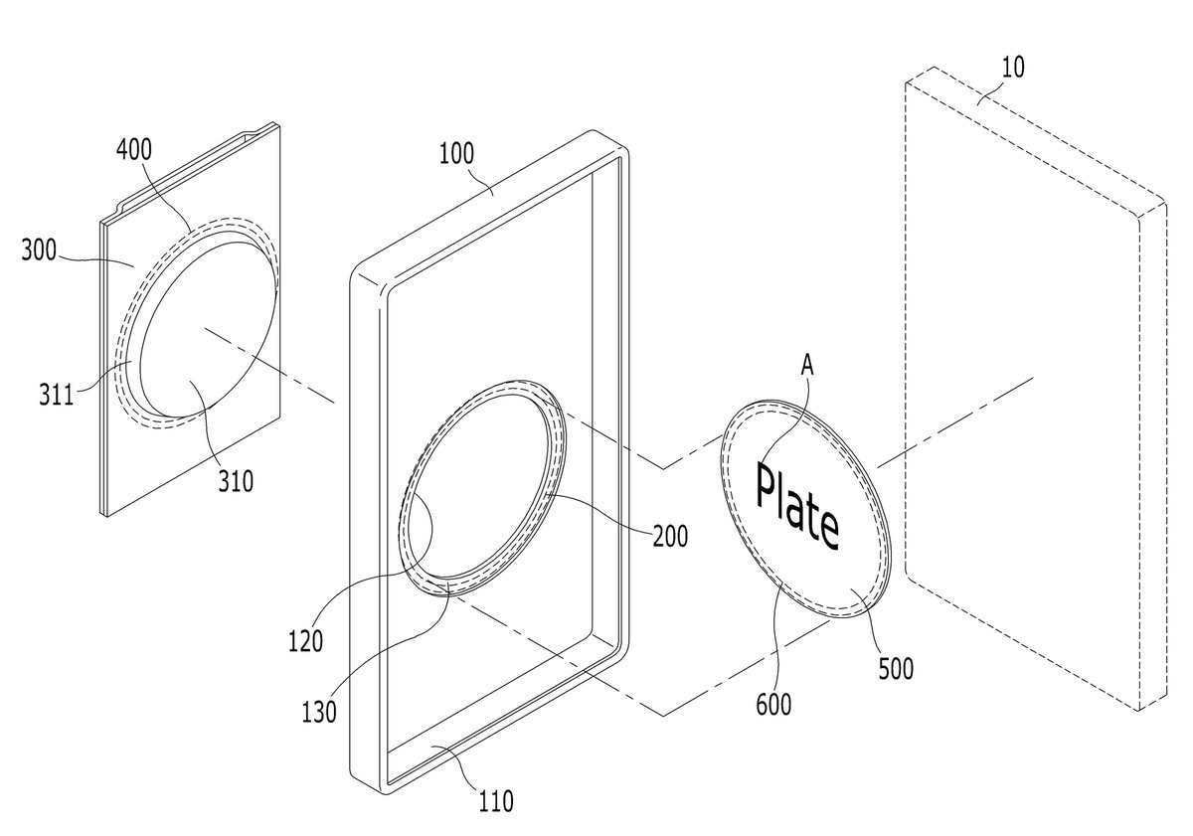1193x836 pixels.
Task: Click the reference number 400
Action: (134, 150)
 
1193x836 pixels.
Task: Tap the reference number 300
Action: (39, 250)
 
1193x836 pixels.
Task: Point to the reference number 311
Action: (56, 395)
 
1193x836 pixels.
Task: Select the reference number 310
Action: (236, 481)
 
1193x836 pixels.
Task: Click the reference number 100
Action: (456, 154)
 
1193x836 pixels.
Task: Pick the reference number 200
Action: (670, 537)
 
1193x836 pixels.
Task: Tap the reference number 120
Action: (306, 641)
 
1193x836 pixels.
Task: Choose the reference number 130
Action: (319, 712)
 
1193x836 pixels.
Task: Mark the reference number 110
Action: (496, 801)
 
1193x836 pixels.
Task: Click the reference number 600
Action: (773, 705)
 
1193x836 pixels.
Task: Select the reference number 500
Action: (896, 669)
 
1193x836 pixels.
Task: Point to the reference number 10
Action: (1013, 68)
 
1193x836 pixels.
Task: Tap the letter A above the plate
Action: (807, 366)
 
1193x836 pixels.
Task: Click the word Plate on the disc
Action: (797, 506)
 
